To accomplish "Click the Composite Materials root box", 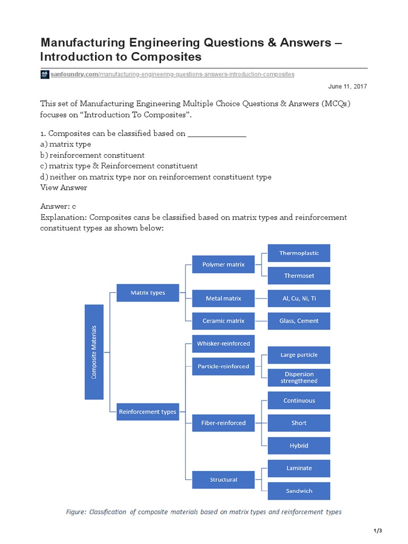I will (93, 352).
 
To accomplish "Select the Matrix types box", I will (148, 293).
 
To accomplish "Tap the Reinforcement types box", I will (148, 412).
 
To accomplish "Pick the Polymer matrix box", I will (223, 264).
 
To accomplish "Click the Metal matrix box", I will (223, 299).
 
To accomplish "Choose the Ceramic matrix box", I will (223, 321).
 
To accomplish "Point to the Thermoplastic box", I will (299, 253).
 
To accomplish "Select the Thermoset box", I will (299, 276).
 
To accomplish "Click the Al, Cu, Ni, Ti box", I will (299, 299).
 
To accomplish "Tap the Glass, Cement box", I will (299, 321).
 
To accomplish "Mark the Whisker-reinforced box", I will (223, 344).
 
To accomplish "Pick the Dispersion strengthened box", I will (299, 377).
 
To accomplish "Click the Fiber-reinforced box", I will (223, 423).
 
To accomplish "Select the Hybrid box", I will (299, 446).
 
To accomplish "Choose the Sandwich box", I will (299, 491).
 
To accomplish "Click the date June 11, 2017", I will (347, 86).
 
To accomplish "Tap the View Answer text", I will (64, 188).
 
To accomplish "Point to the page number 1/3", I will (378, 531).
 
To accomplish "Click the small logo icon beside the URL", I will (45, 74).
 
